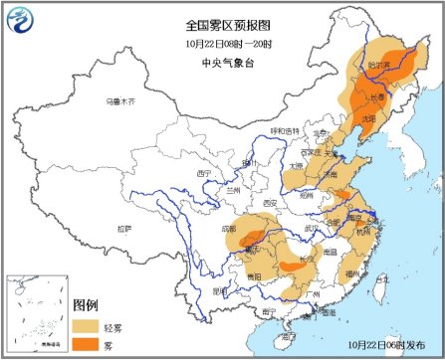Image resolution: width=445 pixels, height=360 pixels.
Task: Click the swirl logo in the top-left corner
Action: point(23,24)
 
